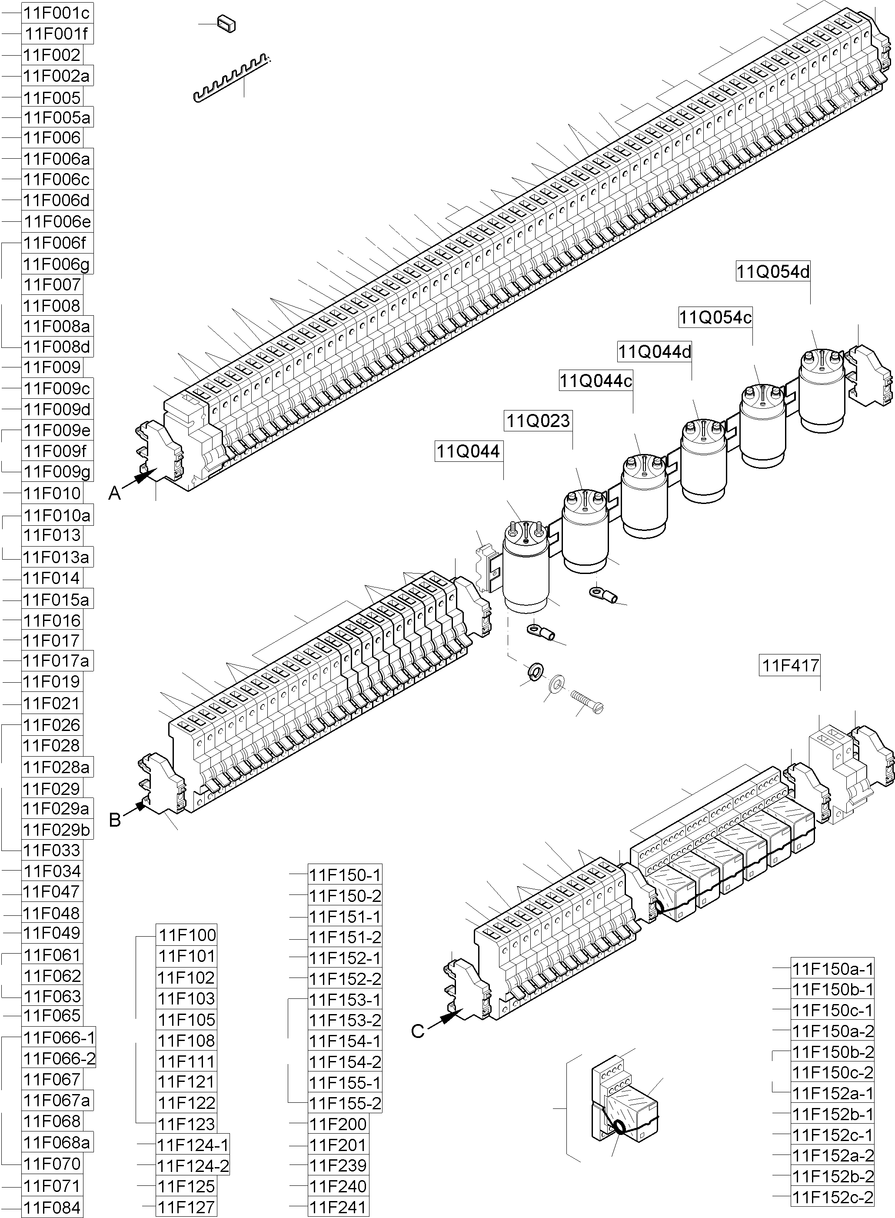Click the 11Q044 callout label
[469, 451]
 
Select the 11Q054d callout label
[772, 271]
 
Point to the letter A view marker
[114, 494]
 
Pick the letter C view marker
[417, 1031]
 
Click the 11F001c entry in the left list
[57, 13]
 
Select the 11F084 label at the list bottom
[52, 1208]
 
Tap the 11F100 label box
[187, 935]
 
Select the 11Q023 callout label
[538, 420]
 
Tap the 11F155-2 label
[345, 1103]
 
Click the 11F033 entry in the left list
[52, 850]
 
